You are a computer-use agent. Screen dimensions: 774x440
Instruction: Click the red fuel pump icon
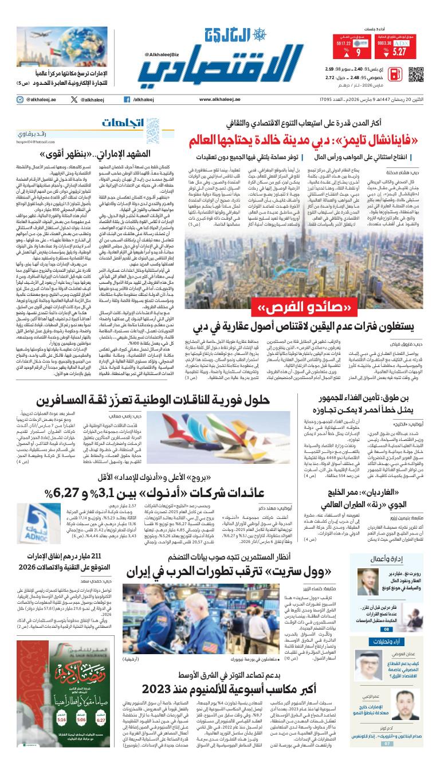pyautogui.click(x=395, y=75)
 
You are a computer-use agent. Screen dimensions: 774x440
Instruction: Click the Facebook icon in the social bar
pyautogui.click(x=127, y=100)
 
